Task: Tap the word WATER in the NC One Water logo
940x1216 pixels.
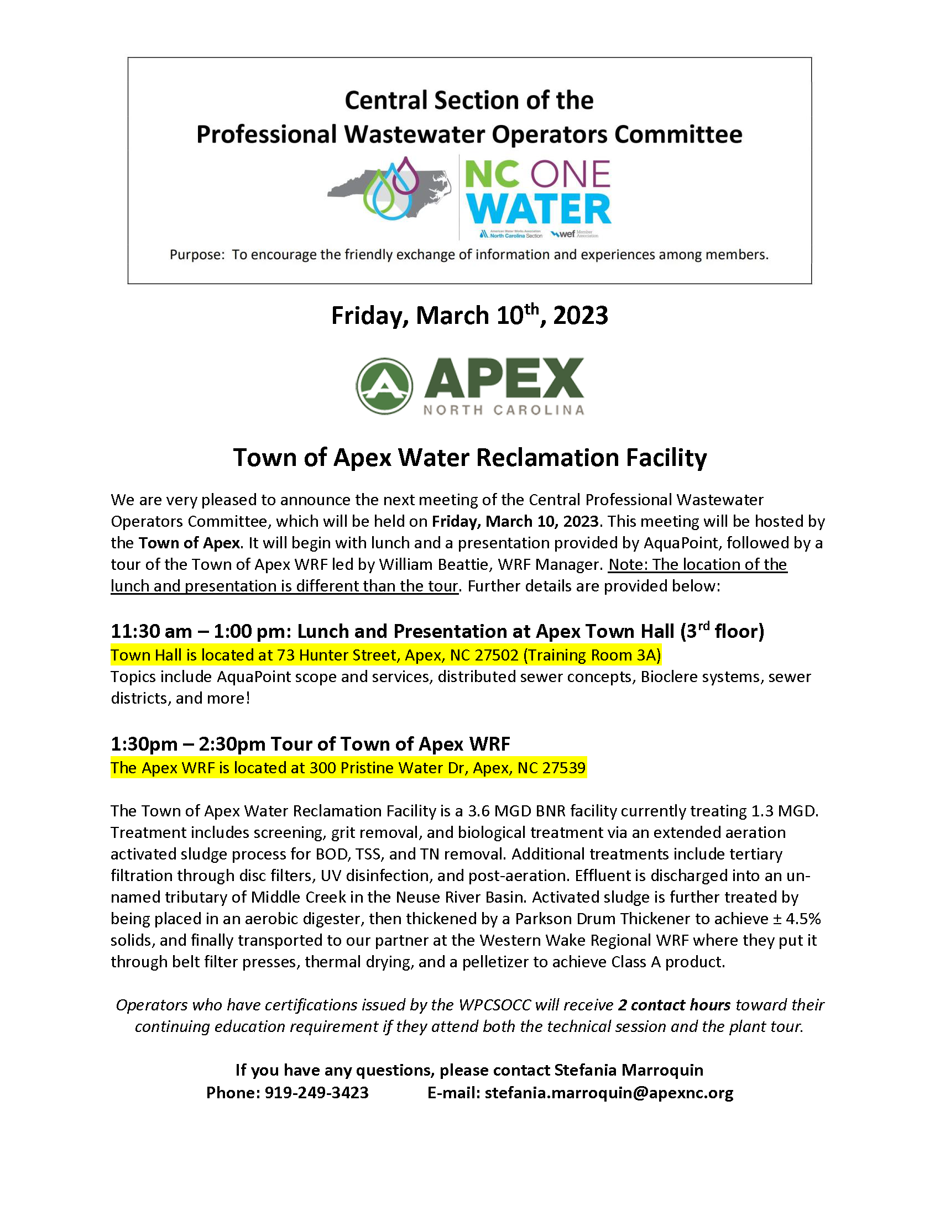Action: click(539, 209)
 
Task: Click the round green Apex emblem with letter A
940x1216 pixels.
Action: click(384, 386)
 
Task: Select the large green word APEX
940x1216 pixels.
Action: click(504, 378)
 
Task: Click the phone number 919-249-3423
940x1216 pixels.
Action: click(316, 1093)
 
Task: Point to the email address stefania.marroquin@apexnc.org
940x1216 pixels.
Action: click(609, 1093)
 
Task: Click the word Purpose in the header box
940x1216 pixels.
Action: click(196, 255)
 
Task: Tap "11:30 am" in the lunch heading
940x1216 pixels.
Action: click(151, 631)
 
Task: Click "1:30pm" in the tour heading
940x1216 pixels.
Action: click(144, 745)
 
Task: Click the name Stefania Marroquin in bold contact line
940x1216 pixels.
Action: click(628, 1070)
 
